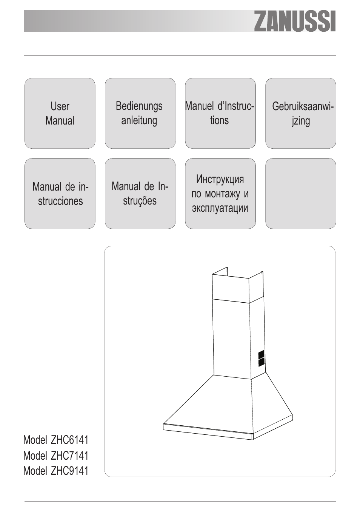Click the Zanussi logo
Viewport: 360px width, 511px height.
coord(294,22)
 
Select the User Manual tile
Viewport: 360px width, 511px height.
coord(60,113)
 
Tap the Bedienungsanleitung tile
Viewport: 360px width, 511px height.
coord(140,113)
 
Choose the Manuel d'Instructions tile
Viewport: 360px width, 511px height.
coord(220,113)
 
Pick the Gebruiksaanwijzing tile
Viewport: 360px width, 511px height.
coord(300,113)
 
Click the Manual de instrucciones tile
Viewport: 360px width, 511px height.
coord(60,194)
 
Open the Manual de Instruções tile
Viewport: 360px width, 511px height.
coord(140,194)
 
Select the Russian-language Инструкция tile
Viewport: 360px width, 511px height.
coord(220,194)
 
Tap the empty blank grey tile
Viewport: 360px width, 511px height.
coord(300,194)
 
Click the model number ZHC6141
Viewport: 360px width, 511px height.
coord(69,440)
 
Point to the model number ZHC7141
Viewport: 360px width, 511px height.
coord(69,456)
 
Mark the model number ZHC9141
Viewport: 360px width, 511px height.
coord(69,471)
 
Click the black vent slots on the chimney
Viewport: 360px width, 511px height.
coord(261,358)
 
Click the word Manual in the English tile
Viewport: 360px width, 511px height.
coord(60,121)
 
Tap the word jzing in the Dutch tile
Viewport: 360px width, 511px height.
coord(301,121)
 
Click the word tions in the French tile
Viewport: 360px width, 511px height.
coord(219,121)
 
